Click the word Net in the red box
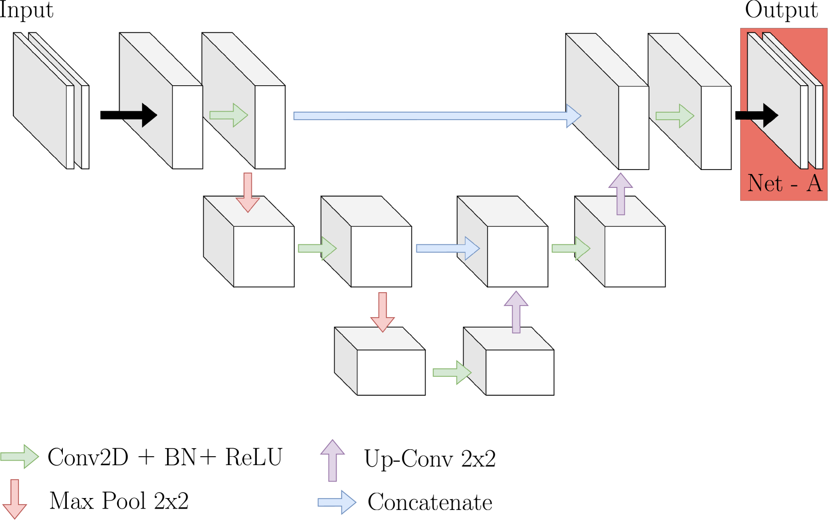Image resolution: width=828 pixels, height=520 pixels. click(x=765, y=183)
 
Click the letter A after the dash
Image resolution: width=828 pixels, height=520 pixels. click(x=814, y=183)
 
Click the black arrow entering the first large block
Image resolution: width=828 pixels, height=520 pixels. click(x=140, y=115)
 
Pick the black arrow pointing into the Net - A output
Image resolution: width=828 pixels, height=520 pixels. click(x=760, y=115)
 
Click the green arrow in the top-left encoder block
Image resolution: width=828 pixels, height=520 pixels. click(x=229, y=115)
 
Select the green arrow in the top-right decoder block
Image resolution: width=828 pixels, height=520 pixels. click(x=675, y=116)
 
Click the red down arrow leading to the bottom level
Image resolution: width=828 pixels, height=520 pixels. click(x=383, y=312)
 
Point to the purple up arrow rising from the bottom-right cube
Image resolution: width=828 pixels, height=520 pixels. click(x=516, y=312)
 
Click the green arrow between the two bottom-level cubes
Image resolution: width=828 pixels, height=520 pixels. click(x=452, y=372)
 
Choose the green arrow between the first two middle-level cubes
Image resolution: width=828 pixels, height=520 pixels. click(x=317, y=248)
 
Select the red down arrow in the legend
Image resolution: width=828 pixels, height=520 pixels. click(x=15, y=499)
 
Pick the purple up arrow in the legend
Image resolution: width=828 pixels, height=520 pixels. click(x=332, y=460)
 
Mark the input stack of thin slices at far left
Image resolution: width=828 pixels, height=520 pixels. click(x=50, y=101)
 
